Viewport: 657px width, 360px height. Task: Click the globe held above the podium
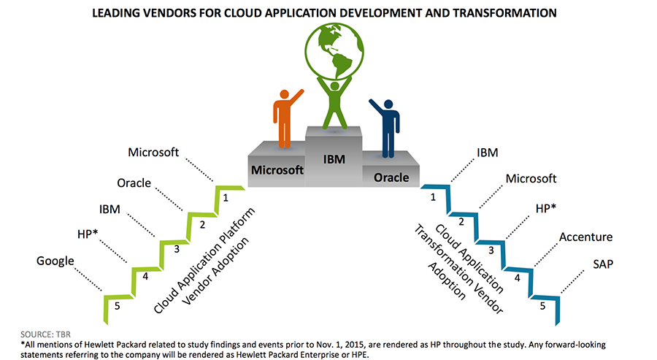point(334,51)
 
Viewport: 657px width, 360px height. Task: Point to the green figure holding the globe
point(334,102)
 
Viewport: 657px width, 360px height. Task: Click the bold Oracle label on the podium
point(391,177)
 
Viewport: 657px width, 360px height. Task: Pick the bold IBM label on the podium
point(334,159)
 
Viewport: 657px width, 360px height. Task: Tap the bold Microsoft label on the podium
point(277,170)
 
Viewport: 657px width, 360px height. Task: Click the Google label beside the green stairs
point(55,261)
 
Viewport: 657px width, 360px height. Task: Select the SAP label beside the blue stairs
point(603,264)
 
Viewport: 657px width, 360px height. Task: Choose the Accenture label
point(585,237)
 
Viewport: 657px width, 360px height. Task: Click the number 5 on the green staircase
point(118,307)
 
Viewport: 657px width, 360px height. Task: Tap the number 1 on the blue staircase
point(433,197)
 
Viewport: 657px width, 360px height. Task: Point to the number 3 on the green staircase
point(177,249)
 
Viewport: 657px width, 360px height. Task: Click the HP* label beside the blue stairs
point(546,208)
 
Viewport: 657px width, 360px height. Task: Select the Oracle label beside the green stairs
point(134,183)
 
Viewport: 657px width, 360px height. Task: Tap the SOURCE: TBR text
point(46,334)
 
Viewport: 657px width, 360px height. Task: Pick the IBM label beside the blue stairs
point(488,153)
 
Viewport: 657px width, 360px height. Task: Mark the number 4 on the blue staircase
point(517,278)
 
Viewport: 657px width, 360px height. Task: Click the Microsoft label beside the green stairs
point(153,152)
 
